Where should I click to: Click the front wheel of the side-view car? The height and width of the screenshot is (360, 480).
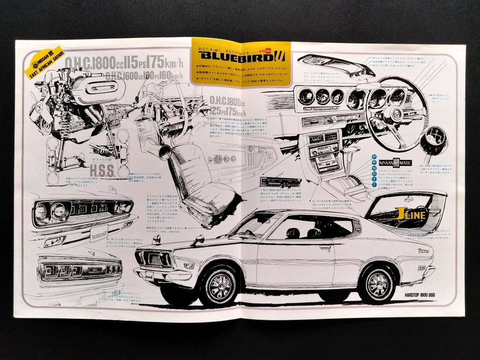pos(218,284)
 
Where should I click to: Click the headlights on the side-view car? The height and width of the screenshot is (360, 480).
pos(153,257)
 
